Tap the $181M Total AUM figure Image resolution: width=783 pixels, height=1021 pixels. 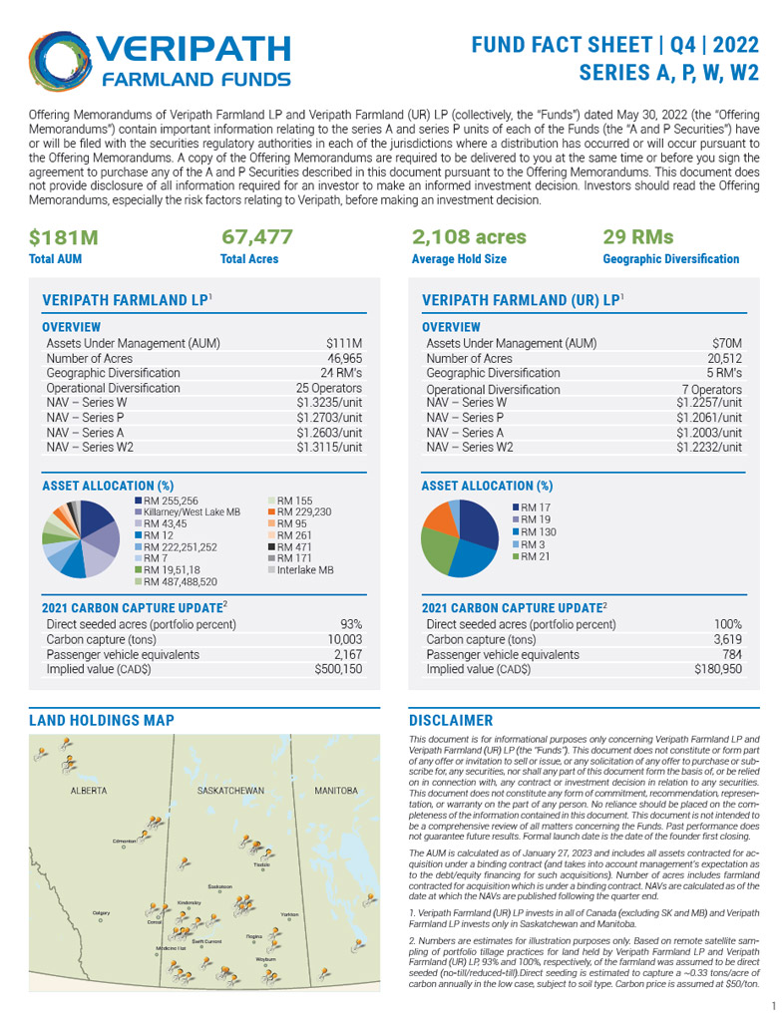tap(62, 237)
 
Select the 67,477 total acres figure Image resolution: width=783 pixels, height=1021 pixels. tap(257, 237)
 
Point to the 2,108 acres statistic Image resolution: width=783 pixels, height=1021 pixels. tap(469, 237)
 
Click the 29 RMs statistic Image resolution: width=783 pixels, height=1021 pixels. tap(638, 237)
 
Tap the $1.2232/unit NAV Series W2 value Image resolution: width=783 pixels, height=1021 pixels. tap(708, 448)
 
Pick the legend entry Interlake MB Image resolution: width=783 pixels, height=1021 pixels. tap(304, 566)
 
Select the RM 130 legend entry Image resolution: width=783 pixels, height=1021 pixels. tap(540, 531)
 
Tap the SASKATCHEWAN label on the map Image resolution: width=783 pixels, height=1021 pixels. tap(230, 791)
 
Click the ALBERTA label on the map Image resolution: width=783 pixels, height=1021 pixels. tap(89, 791)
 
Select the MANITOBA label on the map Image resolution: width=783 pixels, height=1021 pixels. tap(335, 791)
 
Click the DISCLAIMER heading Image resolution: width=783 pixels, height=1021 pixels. tap(452, 720)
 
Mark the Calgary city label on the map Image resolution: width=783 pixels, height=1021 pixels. tap(101, 912)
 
